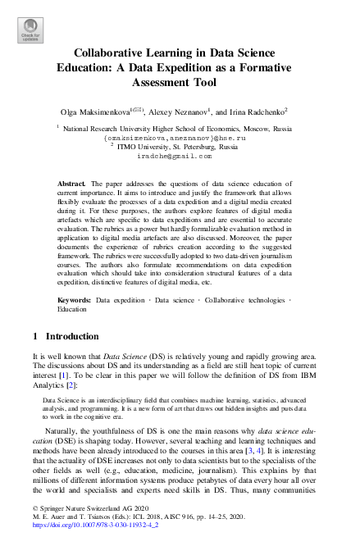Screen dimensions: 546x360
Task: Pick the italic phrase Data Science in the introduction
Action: coord(121,358)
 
